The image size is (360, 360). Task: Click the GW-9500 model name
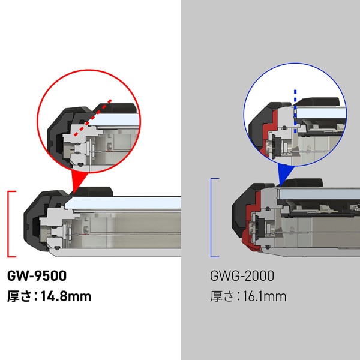coord(37,277)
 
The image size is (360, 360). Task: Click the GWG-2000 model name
coord(242,277)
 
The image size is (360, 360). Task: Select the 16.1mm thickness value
coord(262,296)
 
